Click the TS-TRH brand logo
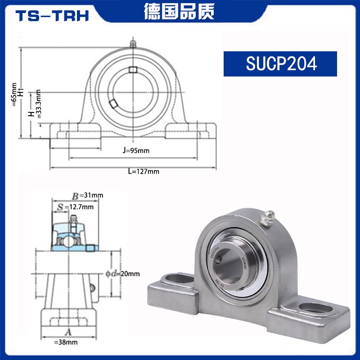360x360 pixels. pyautogui.click(x=52, y=16)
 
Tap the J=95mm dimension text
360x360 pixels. pyautogui.click(x=135, y=150)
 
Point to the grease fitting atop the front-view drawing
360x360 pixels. pyautogui.click(x=133, y=44)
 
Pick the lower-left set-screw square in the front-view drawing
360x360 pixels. pyautogui.click(x=112, y=103)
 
